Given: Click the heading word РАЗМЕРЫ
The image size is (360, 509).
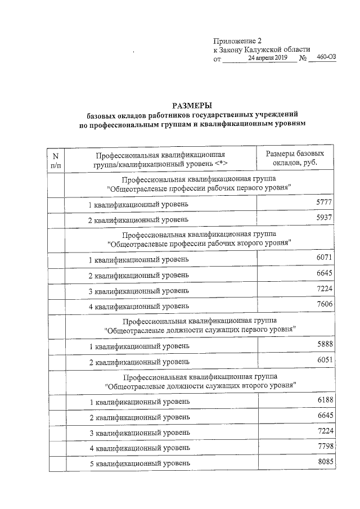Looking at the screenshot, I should pyautogui.click(x=192, y=105).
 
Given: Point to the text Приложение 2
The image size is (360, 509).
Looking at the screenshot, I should pyautogui.click(x=237, y=40).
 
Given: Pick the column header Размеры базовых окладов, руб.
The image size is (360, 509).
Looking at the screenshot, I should pyautogui.click(x=295, y=158).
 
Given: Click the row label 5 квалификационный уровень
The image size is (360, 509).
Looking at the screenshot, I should pyautogui.click(x=139, y=464).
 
